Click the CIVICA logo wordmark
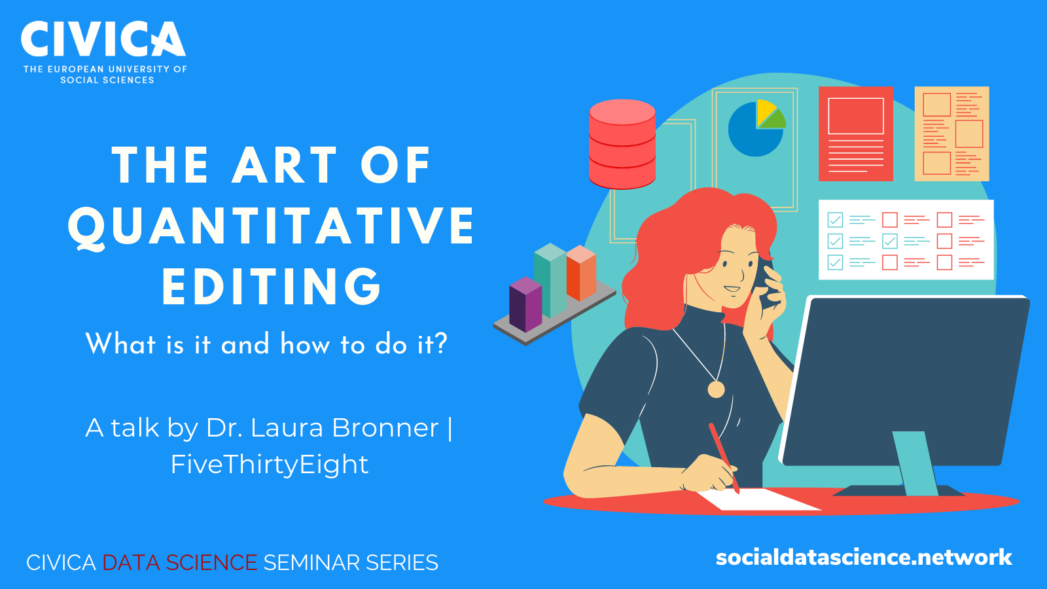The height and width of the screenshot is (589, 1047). tap(103, 39)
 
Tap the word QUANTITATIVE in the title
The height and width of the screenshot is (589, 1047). tap(272, 226)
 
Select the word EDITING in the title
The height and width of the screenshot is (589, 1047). tap(272, 287)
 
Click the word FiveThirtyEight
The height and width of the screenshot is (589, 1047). tap(270, 464)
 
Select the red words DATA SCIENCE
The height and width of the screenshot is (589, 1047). tap(180, 562)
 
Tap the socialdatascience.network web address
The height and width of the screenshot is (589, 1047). tap(864, 558)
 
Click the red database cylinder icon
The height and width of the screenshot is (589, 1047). tap(622, 144)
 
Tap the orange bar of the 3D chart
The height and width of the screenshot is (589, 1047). tap(581, 273)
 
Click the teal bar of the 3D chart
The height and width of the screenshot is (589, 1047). tap(550, 281)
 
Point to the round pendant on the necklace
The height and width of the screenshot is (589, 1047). tap(716, 389)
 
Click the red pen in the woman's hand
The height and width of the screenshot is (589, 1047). tap(724, 458)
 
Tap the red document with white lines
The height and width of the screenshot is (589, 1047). tap(856, 134)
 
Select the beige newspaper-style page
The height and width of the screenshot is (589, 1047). tap(951, 134)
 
